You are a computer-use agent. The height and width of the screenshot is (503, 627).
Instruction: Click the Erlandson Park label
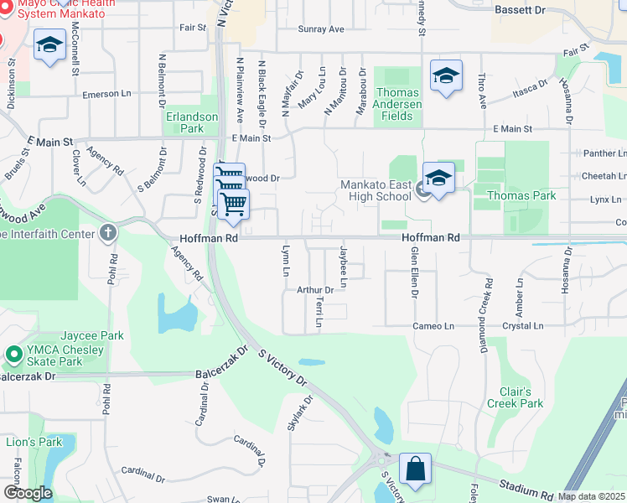click(x=184, y=122)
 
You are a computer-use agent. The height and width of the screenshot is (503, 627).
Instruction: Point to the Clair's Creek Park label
click(x=515, y=397)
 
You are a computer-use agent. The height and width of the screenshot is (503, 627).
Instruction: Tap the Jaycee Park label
click(x=91, y=335)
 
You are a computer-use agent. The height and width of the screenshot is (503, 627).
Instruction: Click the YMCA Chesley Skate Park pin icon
click(x=13, y=355)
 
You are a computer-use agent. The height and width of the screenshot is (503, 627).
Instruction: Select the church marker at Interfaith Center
click(x=107, y=233)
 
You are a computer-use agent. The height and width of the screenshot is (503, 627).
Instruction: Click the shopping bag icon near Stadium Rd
click(x=415, y=469)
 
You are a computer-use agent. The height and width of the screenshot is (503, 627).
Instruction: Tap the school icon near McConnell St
click(x=49, y=45)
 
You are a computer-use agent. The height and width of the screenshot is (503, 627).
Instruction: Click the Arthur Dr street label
click(x=315, y=290)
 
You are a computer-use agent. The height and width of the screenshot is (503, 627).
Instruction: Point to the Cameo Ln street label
click(x=433, y=326)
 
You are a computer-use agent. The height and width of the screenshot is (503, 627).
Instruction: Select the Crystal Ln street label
click(x=522, y=326)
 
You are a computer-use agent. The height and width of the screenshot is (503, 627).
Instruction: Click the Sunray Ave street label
click(x=322, y=29)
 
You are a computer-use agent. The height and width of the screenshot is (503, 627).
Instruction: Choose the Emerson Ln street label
click(x=102, y=95)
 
